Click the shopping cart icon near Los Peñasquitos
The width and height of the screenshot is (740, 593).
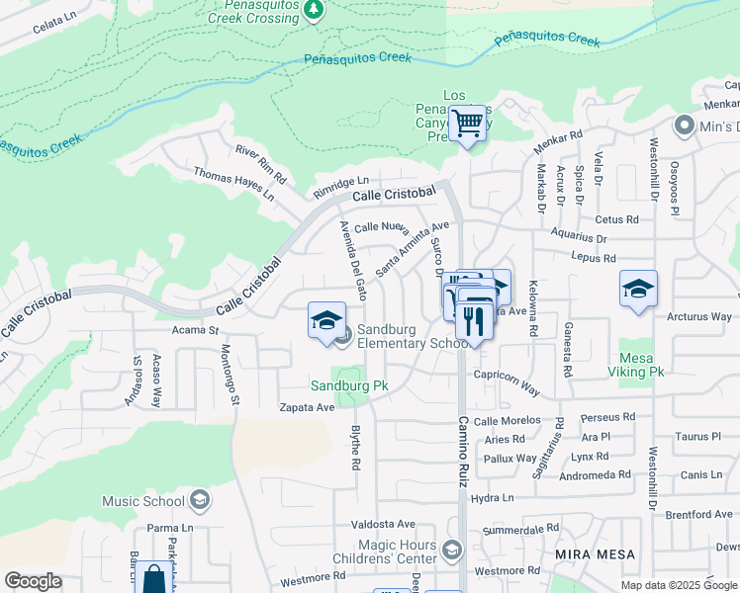tap(467, 124)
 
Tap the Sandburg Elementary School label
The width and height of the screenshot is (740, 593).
tap(412, 336)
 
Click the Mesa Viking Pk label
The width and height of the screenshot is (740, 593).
tap(641, 365)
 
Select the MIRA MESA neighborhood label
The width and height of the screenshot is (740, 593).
tap(594, 553)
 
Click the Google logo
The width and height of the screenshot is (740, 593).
tap(33, 581)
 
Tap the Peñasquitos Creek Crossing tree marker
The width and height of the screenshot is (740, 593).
tap(314, 10)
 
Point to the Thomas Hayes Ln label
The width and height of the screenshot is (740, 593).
tap(234, 184)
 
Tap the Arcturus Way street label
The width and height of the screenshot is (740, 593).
tap(698, 316)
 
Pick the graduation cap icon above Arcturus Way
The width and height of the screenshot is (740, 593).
tap(638, 289)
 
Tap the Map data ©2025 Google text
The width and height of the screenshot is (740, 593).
tap(678, 585)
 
